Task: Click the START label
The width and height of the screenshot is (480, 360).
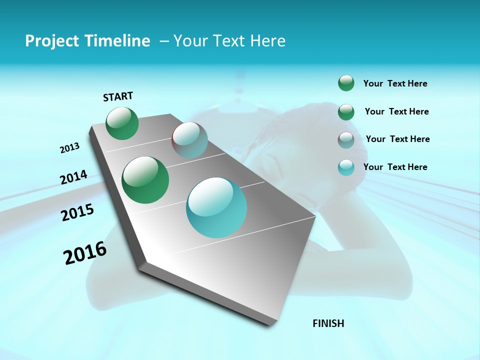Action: pyautogui.click(x=118, y=96)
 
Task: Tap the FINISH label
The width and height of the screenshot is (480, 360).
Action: pyautogui.click(x=328, y=323)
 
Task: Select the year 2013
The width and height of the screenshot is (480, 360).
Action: pyautogui.click(x=70, y=148)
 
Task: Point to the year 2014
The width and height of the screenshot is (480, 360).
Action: pyautogui.click(x=74, y=177)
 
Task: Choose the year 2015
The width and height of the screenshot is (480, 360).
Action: pyautogui.click(x=77, y=212)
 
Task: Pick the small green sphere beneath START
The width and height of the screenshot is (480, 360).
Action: pyautogui.click(x=122, y=123)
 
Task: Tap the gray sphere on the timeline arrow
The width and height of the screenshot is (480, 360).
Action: pyautogui.click(x=189, y=140)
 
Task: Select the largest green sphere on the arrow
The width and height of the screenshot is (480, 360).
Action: pyautogui.click(x=145, y=180)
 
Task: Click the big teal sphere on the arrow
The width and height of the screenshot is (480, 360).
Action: pyautogui.click(x=216, y=207)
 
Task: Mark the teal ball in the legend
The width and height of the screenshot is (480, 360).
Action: pyautogui.click(x=346, y=167)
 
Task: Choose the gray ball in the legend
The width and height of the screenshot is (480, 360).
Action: pyautogui.click(x=346, y=140)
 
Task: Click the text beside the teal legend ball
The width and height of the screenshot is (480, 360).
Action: pyautogui.click(x=395, y=167)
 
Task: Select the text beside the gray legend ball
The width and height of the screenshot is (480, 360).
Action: pyautogui.click(x=397, y=139)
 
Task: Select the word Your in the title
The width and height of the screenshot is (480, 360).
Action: pyautogui.click(x=190, y=40)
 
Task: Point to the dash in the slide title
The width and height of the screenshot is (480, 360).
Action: pyautogui.click(x=164, y=41)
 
